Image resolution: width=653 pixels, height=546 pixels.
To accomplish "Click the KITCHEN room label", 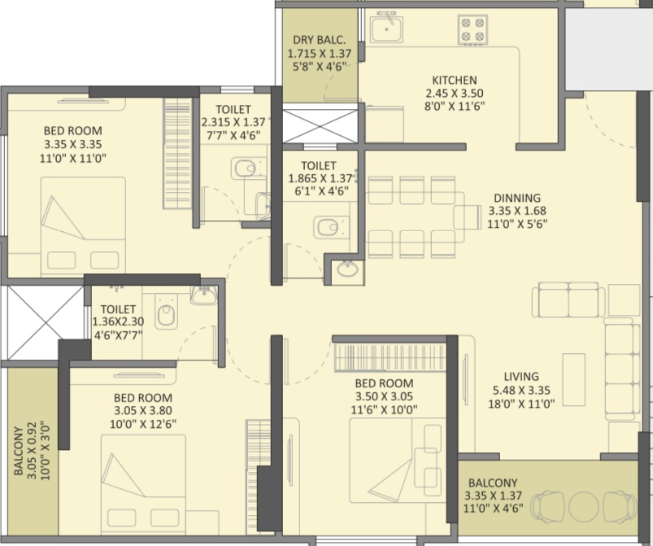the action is (455, 80).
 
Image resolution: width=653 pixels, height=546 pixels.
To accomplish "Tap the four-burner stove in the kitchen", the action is (472, 29).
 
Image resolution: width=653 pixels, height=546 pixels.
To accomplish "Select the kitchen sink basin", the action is (387, 27).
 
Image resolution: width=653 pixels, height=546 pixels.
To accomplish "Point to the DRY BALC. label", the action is (320, 40).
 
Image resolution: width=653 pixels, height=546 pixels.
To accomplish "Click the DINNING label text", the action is (517, 198).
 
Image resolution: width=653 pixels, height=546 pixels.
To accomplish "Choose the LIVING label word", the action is (521, 377).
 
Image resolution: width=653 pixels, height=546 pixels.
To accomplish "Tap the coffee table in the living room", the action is (574, 379).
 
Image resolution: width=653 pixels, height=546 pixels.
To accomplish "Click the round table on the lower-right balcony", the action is (584, 506).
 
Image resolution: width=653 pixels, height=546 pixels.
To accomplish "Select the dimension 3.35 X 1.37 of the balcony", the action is (493, 496).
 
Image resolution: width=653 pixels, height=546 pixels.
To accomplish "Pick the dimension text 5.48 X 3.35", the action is (521, 390).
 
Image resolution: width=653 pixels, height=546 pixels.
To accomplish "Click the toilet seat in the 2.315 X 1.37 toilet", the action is (245, 168).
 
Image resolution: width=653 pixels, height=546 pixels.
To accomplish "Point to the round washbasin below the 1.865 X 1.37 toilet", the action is (347, 269).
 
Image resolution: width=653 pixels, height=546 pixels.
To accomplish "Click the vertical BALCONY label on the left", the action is (19, 451).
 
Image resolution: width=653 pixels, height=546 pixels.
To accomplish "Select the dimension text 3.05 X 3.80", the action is (143, 411).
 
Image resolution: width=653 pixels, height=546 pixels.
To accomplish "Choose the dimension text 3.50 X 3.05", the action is (385, 396).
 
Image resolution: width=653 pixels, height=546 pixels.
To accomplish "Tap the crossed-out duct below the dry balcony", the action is (320, 126).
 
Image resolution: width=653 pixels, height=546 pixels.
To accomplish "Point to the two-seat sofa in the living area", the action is (568, 300).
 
